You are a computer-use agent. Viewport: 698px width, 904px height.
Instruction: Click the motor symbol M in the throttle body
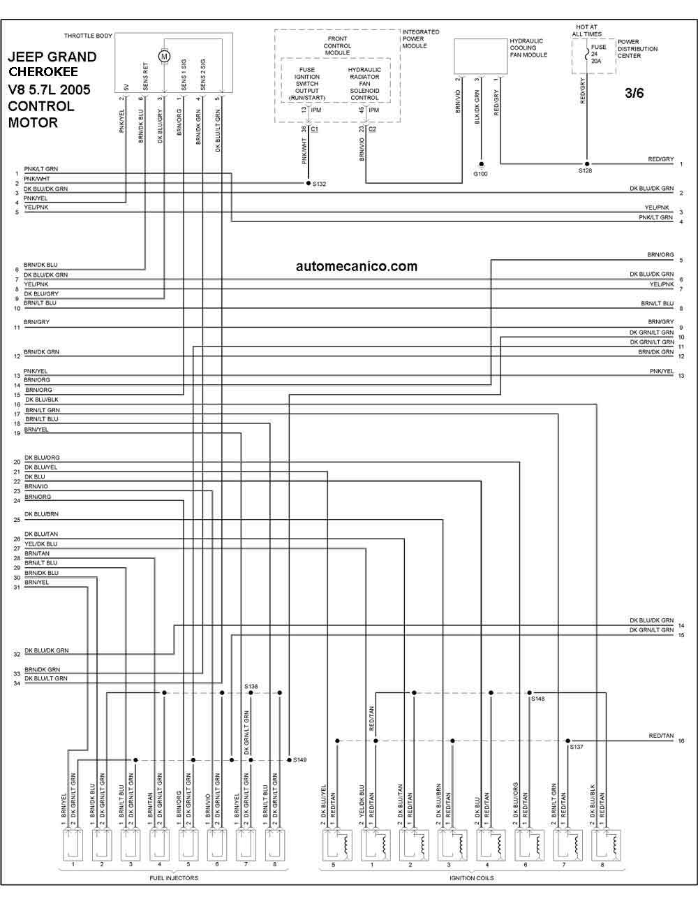(x=164, y=56)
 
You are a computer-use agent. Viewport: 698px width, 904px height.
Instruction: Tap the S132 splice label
(x=319, y=184)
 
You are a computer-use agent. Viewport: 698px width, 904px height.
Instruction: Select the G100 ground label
(x=480, y=174)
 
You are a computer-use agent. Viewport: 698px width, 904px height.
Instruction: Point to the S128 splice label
(x=585, y=170)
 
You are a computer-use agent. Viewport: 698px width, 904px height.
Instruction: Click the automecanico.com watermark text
(x=357, y=266)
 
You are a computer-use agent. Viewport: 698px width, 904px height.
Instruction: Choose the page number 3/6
(x=634, y=93)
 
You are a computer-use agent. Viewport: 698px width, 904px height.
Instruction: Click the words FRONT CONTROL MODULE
(x=337, y=46)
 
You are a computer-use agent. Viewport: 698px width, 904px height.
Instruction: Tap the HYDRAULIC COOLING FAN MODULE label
(x=528, y=48)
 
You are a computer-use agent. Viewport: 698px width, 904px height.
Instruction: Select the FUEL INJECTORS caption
(x=174, y=877)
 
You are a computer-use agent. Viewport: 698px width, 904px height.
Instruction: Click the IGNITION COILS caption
(x=472, y=877)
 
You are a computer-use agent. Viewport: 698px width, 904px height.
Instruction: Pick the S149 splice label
(x=299, y=760)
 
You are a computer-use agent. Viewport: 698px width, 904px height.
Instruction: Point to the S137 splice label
(x=577, y=747)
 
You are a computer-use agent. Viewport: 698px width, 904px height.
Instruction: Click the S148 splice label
(x=537, y=699)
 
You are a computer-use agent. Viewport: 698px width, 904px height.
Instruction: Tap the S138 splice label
(x=251, y=687)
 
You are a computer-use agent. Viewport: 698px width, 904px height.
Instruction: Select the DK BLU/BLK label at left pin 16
(x=42, y=400)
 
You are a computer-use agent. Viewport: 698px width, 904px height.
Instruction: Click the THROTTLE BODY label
(x=88, y=36)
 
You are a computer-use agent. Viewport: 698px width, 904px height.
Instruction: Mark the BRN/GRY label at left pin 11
(x=36, y=322)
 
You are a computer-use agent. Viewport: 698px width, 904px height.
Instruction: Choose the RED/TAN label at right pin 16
(x=661, y=736)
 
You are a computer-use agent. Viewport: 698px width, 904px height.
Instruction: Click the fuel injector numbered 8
(x=274, y=845)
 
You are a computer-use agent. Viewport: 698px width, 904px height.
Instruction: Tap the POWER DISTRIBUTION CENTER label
(x=637, y=49)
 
